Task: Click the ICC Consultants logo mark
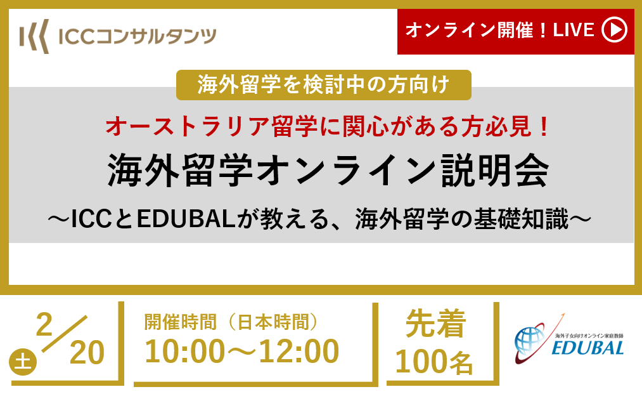pos(34,36)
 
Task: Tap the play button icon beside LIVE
pos(614,30)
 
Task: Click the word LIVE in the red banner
pos(573,30)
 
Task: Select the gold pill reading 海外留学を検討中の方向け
pos(323,85)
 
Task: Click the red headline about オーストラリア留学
pos(328,126)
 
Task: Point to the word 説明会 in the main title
pos(495,171)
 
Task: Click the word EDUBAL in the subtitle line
pos(186,218)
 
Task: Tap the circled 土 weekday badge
pos(23,362)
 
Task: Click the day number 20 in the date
pos(87,353)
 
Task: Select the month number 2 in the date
pos(44,324)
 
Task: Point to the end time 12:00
pos(299,352)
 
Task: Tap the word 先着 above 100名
pos(435,324)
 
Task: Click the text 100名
pos(434,361)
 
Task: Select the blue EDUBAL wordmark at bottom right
pos(588,348)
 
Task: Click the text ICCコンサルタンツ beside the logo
pos(137,37)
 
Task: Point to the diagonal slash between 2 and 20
pos(65,334)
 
